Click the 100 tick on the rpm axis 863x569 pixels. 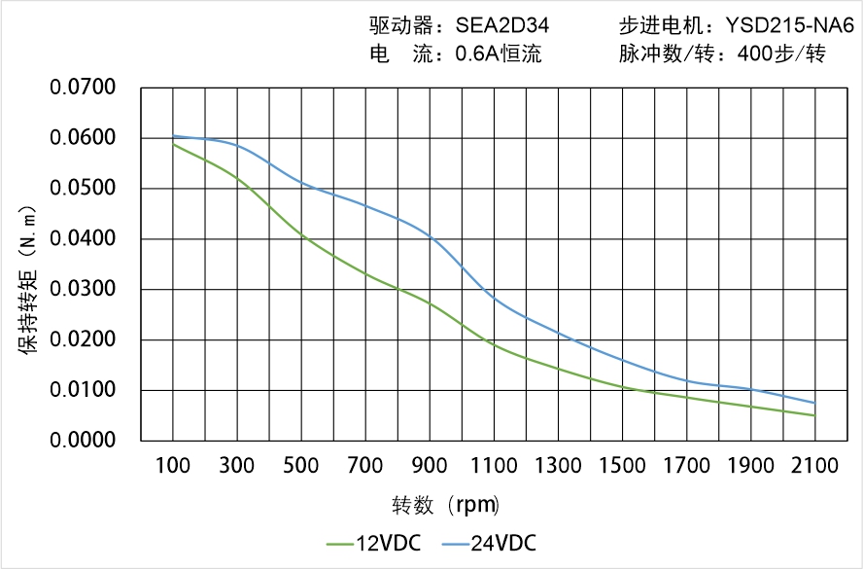pyautogui.click(x=174, y=466)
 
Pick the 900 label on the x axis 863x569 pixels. pyautogui.click(x=430, y=466)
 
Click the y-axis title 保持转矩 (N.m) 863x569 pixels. pyautogui.click(x=28, y=278)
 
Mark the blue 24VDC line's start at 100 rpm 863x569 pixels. pyautogui.click(x=174, y=136)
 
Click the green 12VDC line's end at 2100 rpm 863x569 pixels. pyautogui.click(x=814, y=415)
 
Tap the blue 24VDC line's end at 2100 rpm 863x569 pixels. pyautogui.click(x=814, y=403)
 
